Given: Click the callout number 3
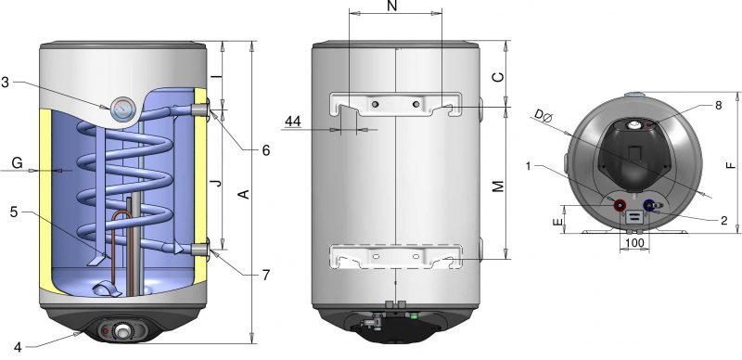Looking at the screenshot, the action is pos(6,82).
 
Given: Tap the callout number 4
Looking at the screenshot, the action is pos(18,347).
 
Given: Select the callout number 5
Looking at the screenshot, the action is pos(14,212).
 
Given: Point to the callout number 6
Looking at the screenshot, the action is pos(266,150).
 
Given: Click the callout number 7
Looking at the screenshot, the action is pos(266,275).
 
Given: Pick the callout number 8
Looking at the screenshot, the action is pos(718,105).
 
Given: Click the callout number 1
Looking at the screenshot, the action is pos(529,165).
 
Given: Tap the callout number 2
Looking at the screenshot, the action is pos(723,220).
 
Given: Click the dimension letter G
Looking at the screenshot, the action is pos(17,163).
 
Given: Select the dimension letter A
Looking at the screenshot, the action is pos(244,194).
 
